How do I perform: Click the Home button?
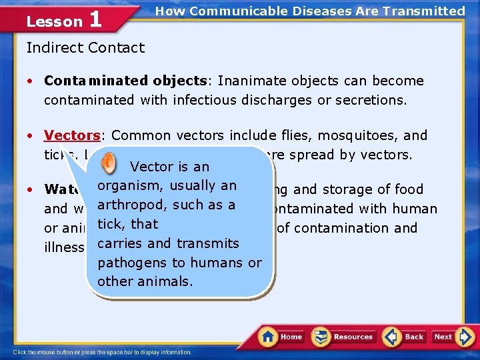coord(283,337)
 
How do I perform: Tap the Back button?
coord(405,337)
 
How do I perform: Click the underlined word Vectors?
coord(71,135)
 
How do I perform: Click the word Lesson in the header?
coord(54,21)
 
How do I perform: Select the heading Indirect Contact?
coord(85,47)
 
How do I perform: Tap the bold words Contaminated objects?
coord(125,81)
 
